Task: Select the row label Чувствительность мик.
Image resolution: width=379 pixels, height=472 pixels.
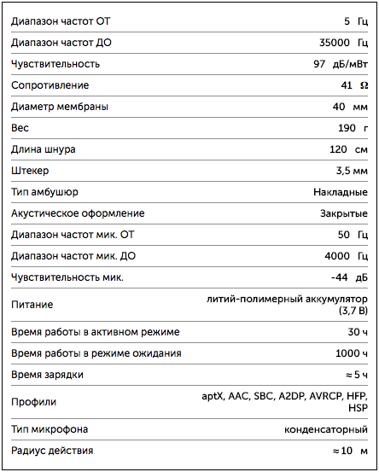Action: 67,277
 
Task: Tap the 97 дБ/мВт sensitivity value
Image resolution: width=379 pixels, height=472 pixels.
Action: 341,63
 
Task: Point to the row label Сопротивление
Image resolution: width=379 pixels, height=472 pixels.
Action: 50,84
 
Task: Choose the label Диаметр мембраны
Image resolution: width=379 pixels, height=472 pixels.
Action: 60,106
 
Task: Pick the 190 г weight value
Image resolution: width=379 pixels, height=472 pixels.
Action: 353,127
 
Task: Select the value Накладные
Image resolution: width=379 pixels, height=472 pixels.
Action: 341,191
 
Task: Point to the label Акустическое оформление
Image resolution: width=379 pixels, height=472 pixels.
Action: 78,213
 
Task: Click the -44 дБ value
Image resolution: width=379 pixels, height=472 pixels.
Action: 349,277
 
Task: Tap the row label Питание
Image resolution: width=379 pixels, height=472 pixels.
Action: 32,304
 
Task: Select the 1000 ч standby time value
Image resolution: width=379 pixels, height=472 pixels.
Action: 352,353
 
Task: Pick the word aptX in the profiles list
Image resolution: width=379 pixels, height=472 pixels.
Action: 213,396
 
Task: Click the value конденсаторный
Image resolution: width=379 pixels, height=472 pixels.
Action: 325,428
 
